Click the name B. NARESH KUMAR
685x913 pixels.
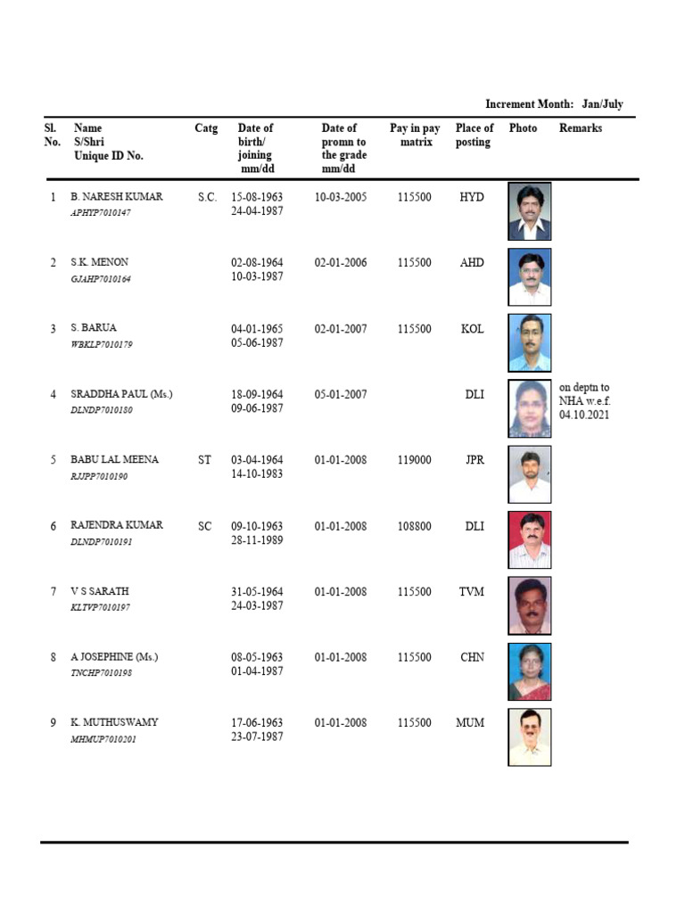(x=116, y=197)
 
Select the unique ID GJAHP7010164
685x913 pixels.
(x=100, y=279)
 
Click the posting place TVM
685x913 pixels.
(x=472, y=592)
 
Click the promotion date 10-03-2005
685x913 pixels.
(x=341, y=197)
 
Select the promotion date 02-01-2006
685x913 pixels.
(x=341, y=263)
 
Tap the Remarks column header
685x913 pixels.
(x=581, y=128)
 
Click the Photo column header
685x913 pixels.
(x=523, y=128)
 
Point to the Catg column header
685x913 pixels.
(x=206, y=128)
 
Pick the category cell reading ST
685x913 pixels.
(x=205, y=460)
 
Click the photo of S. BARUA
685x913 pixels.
(x=530, y=342)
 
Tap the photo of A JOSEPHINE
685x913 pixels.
(x=530, y=671)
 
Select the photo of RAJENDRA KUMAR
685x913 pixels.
(x=530, y=539)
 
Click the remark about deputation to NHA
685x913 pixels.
(x=585, y=401)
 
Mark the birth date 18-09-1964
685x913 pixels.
(x=257, y=394)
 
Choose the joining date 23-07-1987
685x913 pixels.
(x=257, y=737)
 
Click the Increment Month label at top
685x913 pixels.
(x=554, y=104)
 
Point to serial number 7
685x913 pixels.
(x=54, y=592)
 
